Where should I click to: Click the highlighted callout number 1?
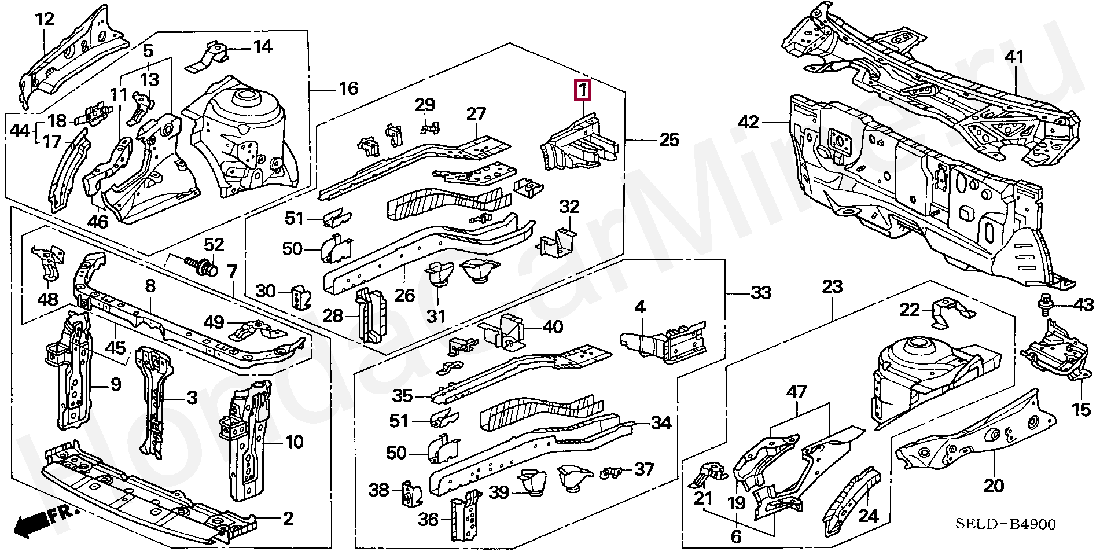coord(582,91)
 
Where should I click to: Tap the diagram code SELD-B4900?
coord(1005,524)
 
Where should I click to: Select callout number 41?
coord(1014,57)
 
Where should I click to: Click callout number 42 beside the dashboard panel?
coord(749,122)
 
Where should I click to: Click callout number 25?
coord(669,140)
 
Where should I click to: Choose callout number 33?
coord(761,293)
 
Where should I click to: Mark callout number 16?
coord(348,89)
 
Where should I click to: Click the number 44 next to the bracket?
coord(21,131)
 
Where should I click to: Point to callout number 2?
coord(288,517)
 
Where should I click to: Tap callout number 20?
coord(994,486)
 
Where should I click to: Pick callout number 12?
coord(45,20)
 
